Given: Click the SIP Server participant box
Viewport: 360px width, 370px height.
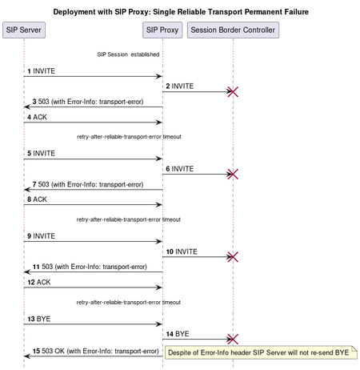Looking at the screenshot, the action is [24, 30].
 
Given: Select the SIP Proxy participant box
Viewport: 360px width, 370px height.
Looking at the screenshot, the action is [162, 30].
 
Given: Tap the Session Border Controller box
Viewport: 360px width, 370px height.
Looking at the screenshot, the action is [233, 30].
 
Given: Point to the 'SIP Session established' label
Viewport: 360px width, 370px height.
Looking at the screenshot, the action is [128, 54].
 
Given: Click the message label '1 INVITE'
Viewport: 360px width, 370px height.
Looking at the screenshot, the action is [42, 71].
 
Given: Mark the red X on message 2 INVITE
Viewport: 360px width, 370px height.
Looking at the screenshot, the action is [233, 91].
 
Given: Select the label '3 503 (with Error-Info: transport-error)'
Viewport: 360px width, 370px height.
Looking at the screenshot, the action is [88, 102].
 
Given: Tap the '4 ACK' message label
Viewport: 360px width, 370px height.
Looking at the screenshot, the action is [37, 117].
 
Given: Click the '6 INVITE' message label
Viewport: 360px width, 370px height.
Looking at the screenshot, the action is [180, 169].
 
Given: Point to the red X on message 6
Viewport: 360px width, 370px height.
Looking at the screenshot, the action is [233, 174].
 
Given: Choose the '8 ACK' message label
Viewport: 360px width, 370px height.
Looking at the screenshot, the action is [37, 199].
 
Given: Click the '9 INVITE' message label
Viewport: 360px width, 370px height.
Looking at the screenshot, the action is [42, 236].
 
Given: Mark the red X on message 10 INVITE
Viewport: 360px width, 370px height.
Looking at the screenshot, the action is [233, 257].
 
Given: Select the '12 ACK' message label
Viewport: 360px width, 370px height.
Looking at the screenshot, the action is [39, 282].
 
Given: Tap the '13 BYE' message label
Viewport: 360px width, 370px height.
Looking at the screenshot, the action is [39, 319].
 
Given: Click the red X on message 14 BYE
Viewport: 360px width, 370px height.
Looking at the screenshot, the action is [233, 340].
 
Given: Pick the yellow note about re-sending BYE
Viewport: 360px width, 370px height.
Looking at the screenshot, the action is [261, 352].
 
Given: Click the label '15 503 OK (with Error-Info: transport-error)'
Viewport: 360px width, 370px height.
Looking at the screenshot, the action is [96, 351].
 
